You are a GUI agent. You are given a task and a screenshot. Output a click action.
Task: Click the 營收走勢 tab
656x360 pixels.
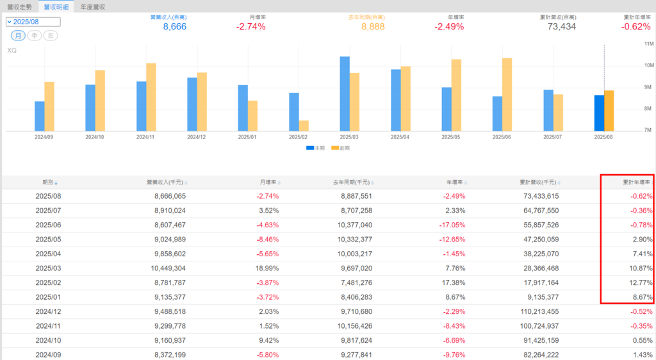[18, 6]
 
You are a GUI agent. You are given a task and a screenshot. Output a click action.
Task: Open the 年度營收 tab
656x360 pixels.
[93, 6]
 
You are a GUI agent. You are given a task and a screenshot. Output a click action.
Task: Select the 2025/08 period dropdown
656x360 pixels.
[33, 22]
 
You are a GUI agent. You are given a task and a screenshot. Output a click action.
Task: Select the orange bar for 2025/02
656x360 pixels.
[304, 126]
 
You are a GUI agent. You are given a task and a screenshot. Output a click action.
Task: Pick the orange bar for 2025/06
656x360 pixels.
[507, 95]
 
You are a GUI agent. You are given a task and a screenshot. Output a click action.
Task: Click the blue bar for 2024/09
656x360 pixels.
[40, 116]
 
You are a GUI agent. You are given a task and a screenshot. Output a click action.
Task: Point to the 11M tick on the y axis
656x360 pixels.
[648, 44]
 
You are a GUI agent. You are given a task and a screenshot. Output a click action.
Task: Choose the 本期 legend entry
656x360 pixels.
[315, 148]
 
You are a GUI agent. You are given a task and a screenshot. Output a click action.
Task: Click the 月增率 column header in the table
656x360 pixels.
[268, 183]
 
